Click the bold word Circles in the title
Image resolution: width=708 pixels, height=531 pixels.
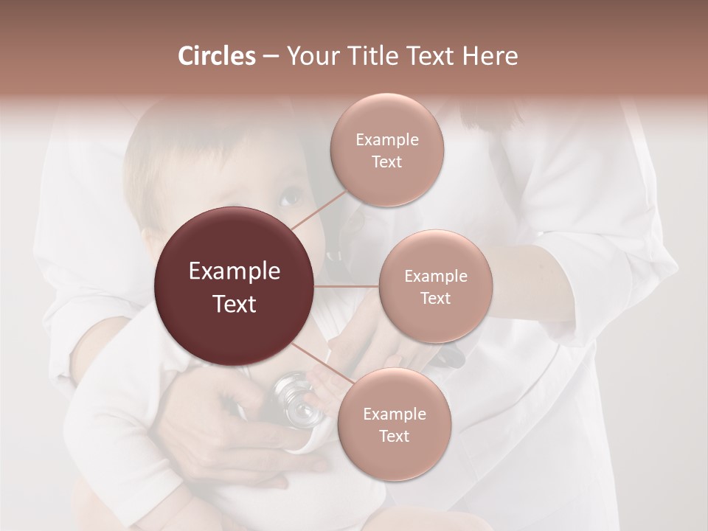[x=216, y=56]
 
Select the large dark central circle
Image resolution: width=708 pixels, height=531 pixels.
[x=235, y=286]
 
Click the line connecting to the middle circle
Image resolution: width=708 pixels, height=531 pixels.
[x=347, y=286]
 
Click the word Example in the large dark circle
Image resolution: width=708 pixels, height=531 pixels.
[x=235, y=271]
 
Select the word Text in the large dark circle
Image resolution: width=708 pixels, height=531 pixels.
[x=235, y=304]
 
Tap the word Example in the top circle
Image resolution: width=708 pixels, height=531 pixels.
[x=386, y=140]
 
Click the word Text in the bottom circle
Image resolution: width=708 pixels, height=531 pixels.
[x=394, y=436]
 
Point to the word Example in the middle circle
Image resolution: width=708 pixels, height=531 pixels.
[x=435, y=277]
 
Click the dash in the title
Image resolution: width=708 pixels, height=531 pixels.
[x=270, y=56]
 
